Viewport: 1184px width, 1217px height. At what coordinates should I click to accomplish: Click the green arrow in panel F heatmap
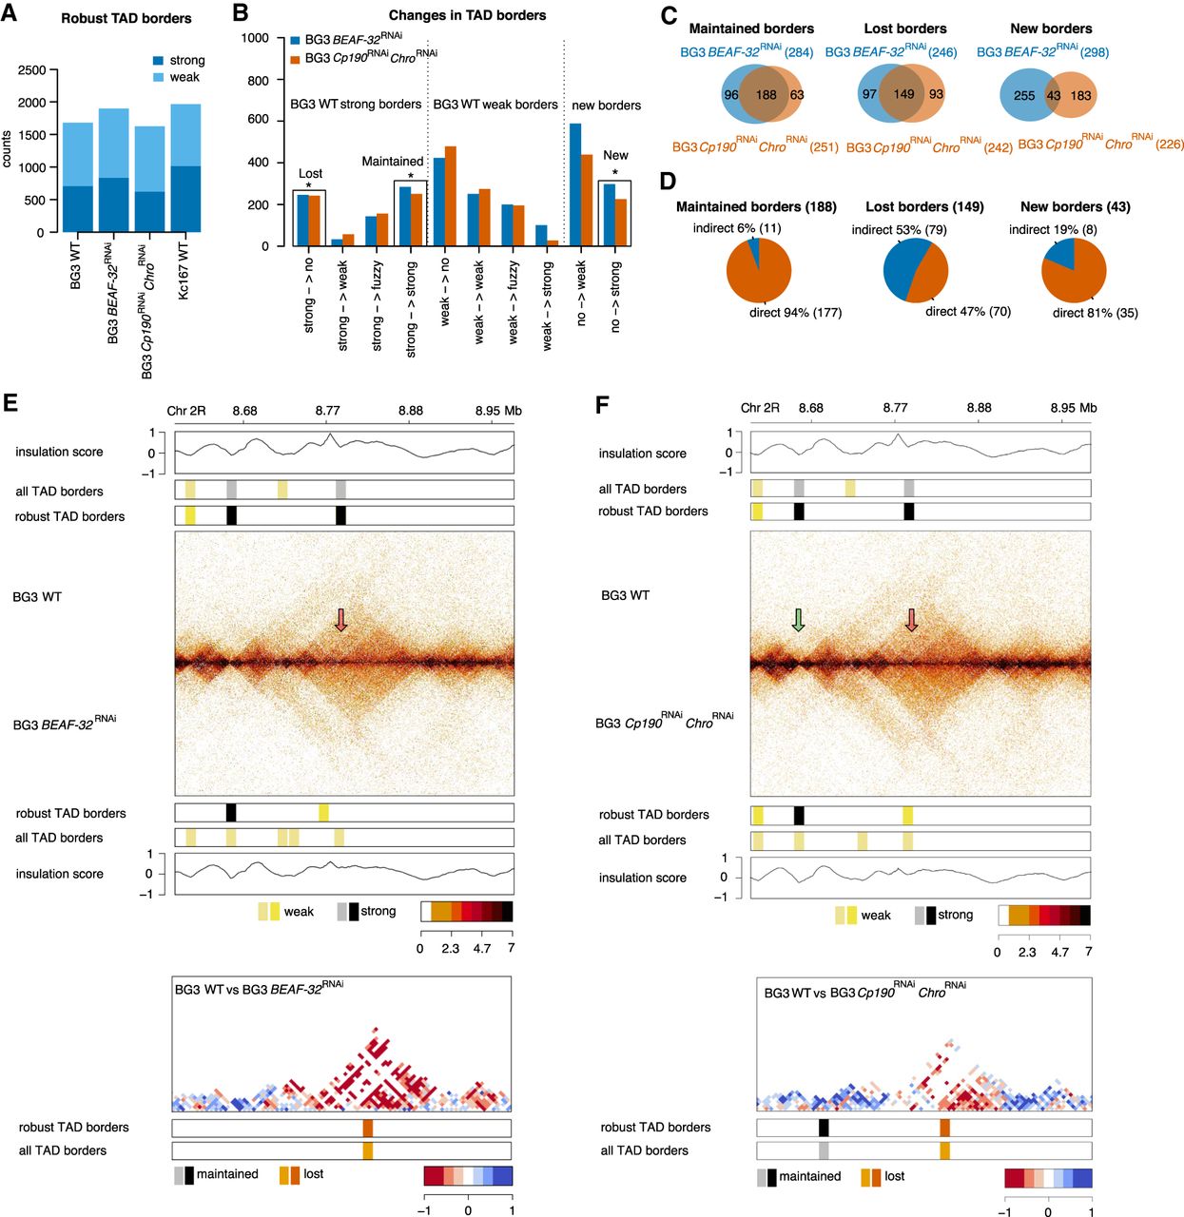(x=798, y=621)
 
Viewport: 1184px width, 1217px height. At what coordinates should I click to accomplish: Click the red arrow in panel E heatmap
(x=341, y=621)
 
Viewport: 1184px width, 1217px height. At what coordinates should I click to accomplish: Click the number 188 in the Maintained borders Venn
(x=766, y=95)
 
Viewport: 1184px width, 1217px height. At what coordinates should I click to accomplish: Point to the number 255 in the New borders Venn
(x=1023, y=95)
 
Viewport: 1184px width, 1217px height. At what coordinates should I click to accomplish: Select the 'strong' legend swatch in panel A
(x=158, y=61)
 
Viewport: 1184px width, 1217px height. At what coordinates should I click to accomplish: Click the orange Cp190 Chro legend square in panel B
(x=295, y=59)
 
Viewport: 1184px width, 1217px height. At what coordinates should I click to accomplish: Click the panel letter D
(x=668, y=181)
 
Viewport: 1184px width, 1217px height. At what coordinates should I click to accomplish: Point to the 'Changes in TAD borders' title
(x=467, y=15)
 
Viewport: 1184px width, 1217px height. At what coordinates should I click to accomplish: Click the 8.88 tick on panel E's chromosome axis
(x=411, y=411)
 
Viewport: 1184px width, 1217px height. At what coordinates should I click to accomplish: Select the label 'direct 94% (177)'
(x=795, y=313)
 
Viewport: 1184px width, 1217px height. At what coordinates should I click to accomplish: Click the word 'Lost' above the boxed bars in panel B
(x=310, y=173)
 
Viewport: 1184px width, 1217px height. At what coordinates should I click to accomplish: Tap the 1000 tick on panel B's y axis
(x=255, y=38)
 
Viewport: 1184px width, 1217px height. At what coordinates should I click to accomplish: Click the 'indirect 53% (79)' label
(x=899, y=229)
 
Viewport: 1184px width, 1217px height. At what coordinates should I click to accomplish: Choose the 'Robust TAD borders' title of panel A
(x=126, y=18)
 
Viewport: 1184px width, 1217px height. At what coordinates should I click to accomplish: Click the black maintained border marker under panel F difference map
(x=824, y=1128)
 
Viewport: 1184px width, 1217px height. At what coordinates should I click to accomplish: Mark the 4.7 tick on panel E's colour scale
(x=482, y=948)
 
